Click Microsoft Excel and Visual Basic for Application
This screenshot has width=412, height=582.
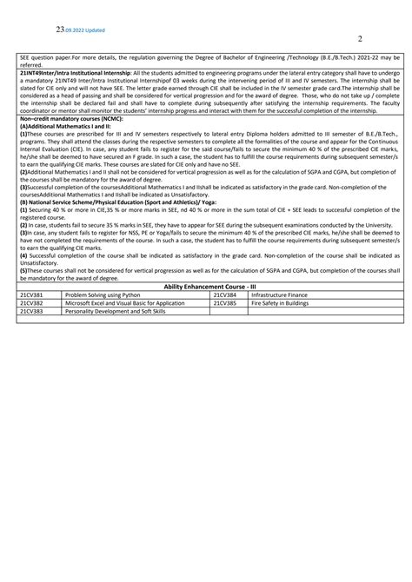tap(124, 301)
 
